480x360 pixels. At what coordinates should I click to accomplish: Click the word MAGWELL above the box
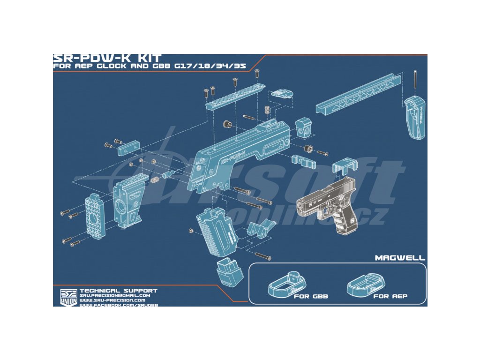400,258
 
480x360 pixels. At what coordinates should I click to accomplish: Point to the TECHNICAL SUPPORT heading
118,291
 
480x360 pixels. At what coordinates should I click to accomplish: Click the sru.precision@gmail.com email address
115,296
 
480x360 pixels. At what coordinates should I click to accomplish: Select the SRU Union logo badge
68,297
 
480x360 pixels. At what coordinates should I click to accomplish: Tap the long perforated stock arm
359,94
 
